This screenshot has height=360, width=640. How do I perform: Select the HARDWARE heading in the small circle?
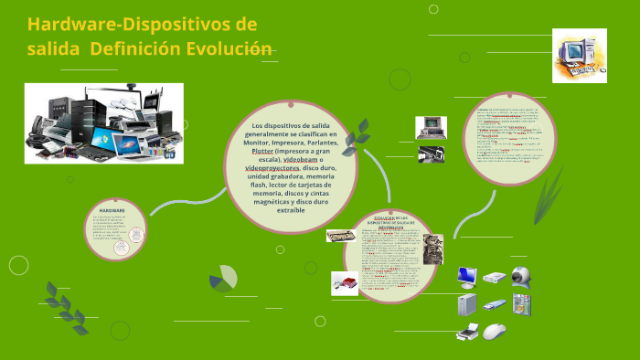tap(112, 210)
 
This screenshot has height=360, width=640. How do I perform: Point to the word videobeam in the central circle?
tap(310, 159)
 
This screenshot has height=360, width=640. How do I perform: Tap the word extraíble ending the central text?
tap(291, 210)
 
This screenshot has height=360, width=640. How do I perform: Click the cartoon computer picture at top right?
tap(579, 55)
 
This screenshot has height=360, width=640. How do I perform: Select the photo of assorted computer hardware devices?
tap(103, 123)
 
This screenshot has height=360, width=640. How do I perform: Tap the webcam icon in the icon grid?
tap(521, 276)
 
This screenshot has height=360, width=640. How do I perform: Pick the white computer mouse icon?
tap(495, 331)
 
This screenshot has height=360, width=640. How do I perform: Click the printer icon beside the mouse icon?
tap(468, 331)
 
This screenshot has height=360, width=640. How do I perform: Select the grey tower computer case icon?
tap(468, 303)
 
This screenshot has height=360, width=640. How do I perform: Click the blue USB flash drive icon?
tap(495, 304)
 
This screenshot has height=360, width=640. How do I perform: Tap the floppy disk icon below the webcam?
tap(521, 303)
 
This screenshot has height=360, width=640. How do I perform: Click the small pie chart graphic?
tap(222, 279)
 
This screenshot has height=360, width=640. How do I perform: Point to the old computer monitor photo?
tap(431, 127)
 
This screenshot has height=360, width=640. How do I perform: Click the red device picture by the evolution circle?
tap(345, 284)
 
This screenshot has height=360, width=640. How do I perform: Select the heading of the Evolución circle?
tap(390, 220)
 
